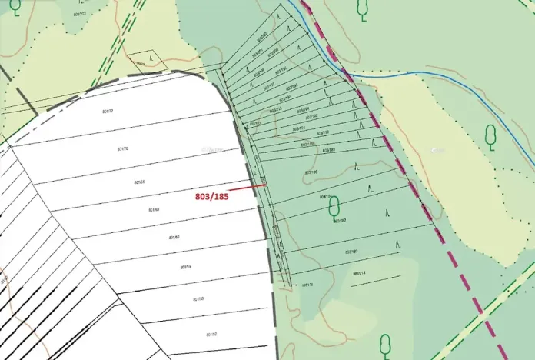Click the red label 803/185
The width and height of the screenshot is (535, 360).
pos(212,196)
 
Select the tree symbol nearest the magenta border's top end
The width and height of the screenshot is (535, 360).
pos(361,8)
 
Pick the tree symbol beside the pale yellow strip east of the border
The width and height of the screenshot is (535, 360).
pos(490,136)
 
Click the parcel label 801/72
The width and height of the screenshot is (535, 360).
pos(108,112)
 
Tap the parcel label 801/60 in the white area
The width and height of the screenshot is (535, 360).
pos(174,238)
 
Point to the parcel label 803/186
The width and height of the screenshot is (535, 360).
pos(311,172)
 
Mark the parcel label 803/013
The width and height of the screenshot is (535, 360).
pos(359,273)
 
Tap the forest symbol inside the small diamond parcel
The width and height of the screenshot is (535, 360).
pos(151,58)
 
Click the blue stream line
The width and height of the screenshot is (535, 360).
pos(430,74)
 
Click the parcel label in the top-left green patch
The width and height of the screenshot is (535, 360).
pos(80,13)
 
